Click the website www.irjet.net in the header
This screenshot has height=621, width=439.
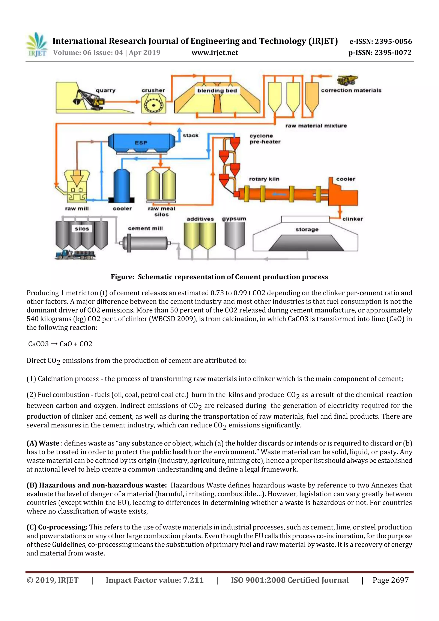click(215, 53)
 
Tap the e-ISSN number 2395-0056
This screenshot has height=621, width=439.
click(393, 41)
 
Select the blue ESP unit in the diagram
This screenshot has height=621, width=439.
click(141, 143)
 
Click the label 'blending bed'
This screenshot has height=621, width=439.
click(217, 91)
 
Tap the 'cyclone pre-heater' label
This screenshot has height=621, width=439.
click(265, 139)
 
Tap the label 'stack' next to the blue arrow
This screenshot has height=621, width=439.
click(190, 135)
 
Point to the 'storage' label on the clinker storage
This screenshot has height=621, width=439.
click(307, 229)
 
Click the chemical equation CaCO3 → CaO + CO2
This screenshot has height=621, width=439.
click(60, 344)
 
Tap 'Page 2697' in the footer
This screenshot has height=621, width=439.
click(390, 580)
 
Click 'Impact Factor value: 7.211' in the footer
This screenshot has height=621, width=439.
click(155, 580)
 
